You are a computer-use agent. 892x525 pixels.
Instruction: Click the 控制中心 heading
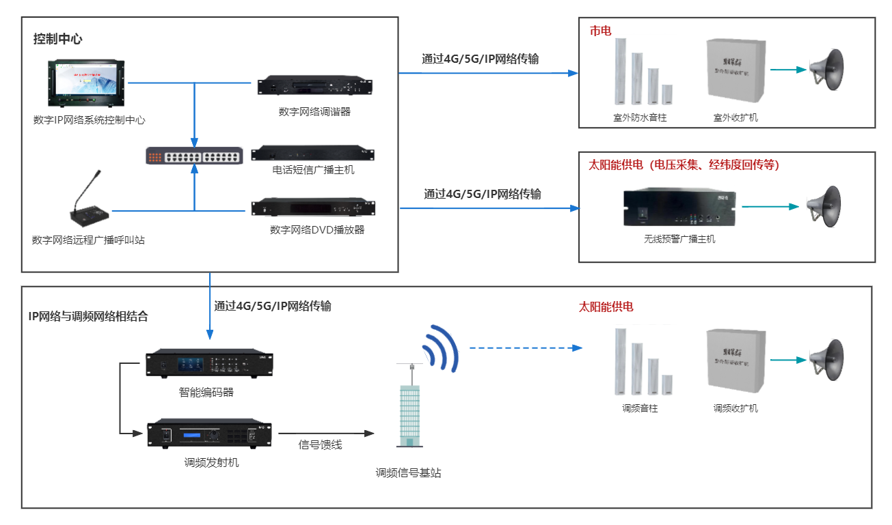57,39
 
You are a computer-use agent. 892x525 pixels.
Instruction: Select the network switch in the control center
193,156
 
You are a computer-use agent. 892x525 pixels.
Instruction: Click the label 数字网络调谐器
314,111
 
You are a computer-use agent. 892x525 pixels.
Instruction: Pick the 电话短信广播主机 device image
313,153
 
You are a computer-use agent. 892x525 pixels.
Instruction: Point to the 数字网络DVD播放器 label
317,230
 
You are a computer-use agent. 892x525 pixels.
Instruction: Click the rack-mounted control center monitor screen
87,84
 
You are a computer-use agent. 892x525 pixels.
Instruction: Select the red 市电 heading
600,31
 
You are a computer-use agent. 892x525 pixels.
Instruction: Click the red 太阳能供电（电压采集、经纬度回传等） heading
684,165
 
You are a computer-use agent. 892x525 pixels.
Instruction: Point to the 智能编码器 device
209,364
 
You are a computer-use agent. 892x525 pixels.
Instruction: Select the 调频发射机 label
212,462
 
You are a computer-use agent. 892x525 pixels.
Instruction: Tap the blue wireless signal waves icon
440,347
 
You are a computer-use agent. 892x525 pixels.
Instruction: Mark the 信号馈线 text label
321,445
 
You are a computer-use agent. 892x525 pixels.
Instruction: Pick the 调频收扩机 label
735,408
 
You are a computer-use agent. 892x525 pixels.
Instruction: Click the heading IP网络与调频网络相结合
88,317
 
